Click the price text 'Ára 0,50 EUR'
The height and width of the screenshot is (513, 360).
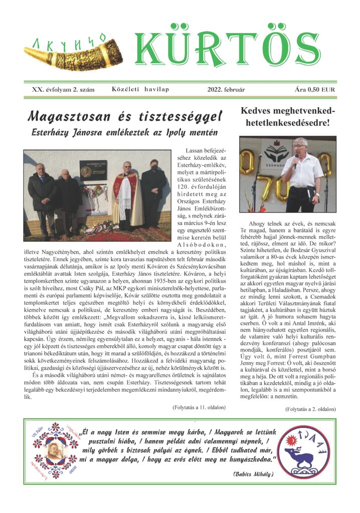pos(315,90)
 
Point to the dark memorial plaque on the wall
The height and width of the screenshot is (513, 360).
pos(93,170)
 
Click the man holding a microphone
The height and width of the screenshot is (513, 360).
pos(302,175)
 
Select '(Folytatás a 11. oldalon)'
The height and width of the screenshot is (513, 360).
pos(198,407)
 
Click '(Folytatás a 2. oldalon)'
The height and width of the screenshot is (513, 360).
pos(310,409)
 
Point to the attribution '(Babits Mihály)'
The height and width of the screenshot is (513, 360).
pos(253,473)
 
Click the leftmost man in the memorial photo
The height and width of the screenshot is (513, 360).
pos(41,193)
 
